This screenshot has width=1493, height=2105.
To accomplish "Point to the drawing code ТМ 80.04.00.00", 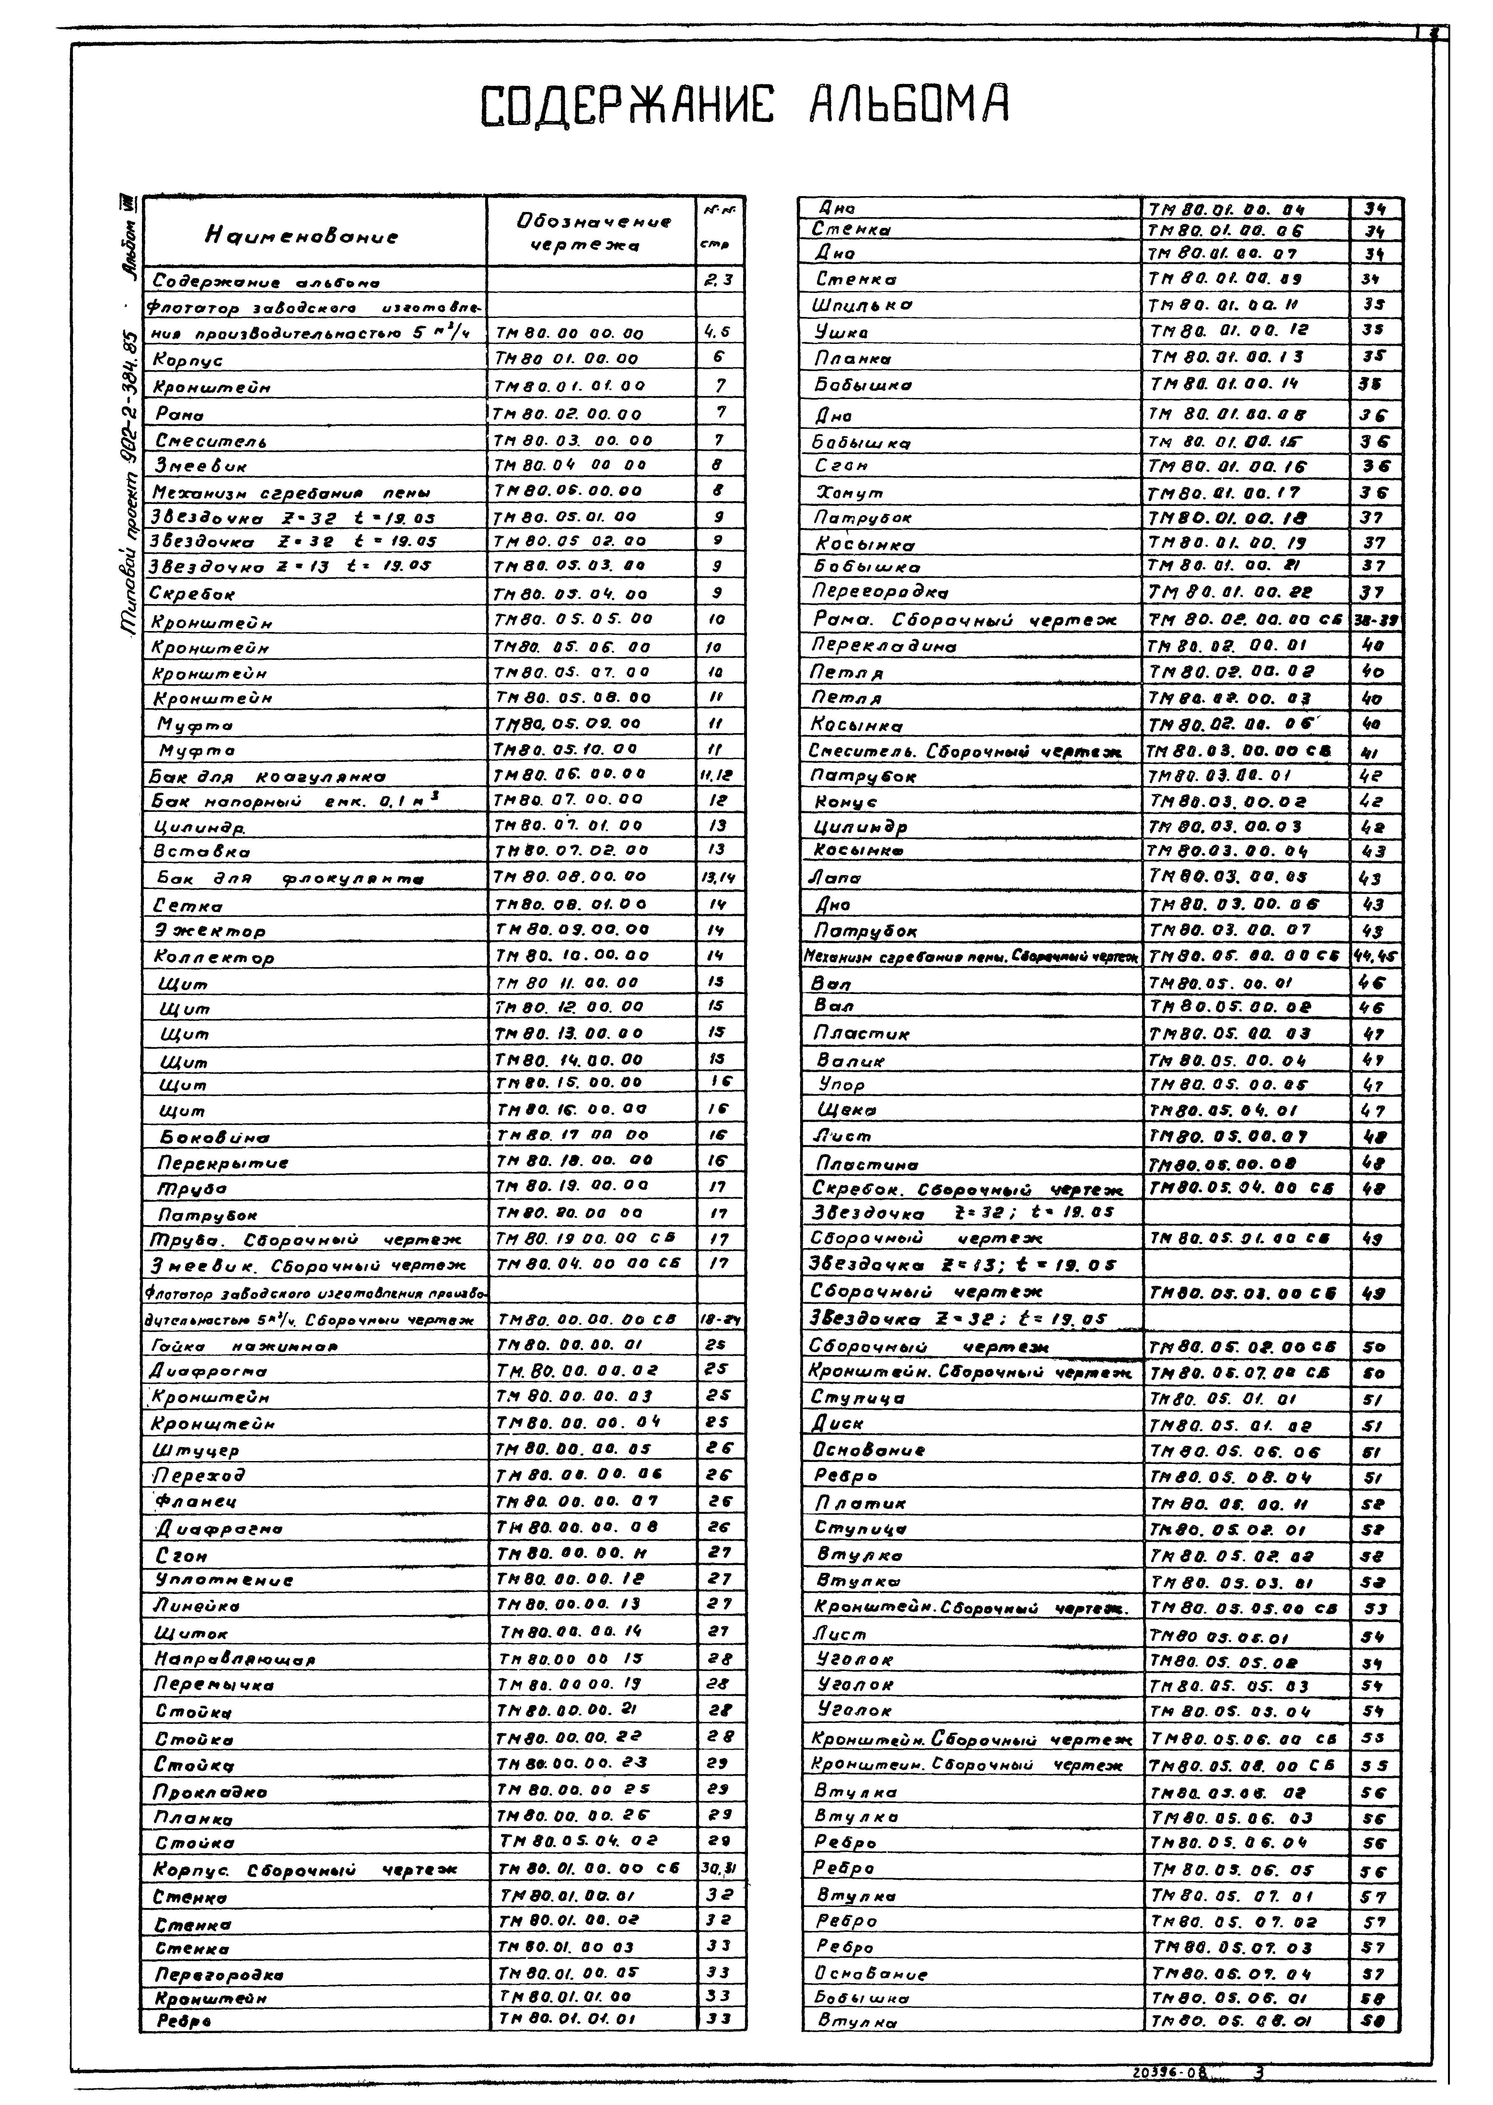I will (x=570, y=465).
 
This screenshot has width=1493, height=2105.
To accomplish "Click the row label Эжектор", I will (x=210, y=930).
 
